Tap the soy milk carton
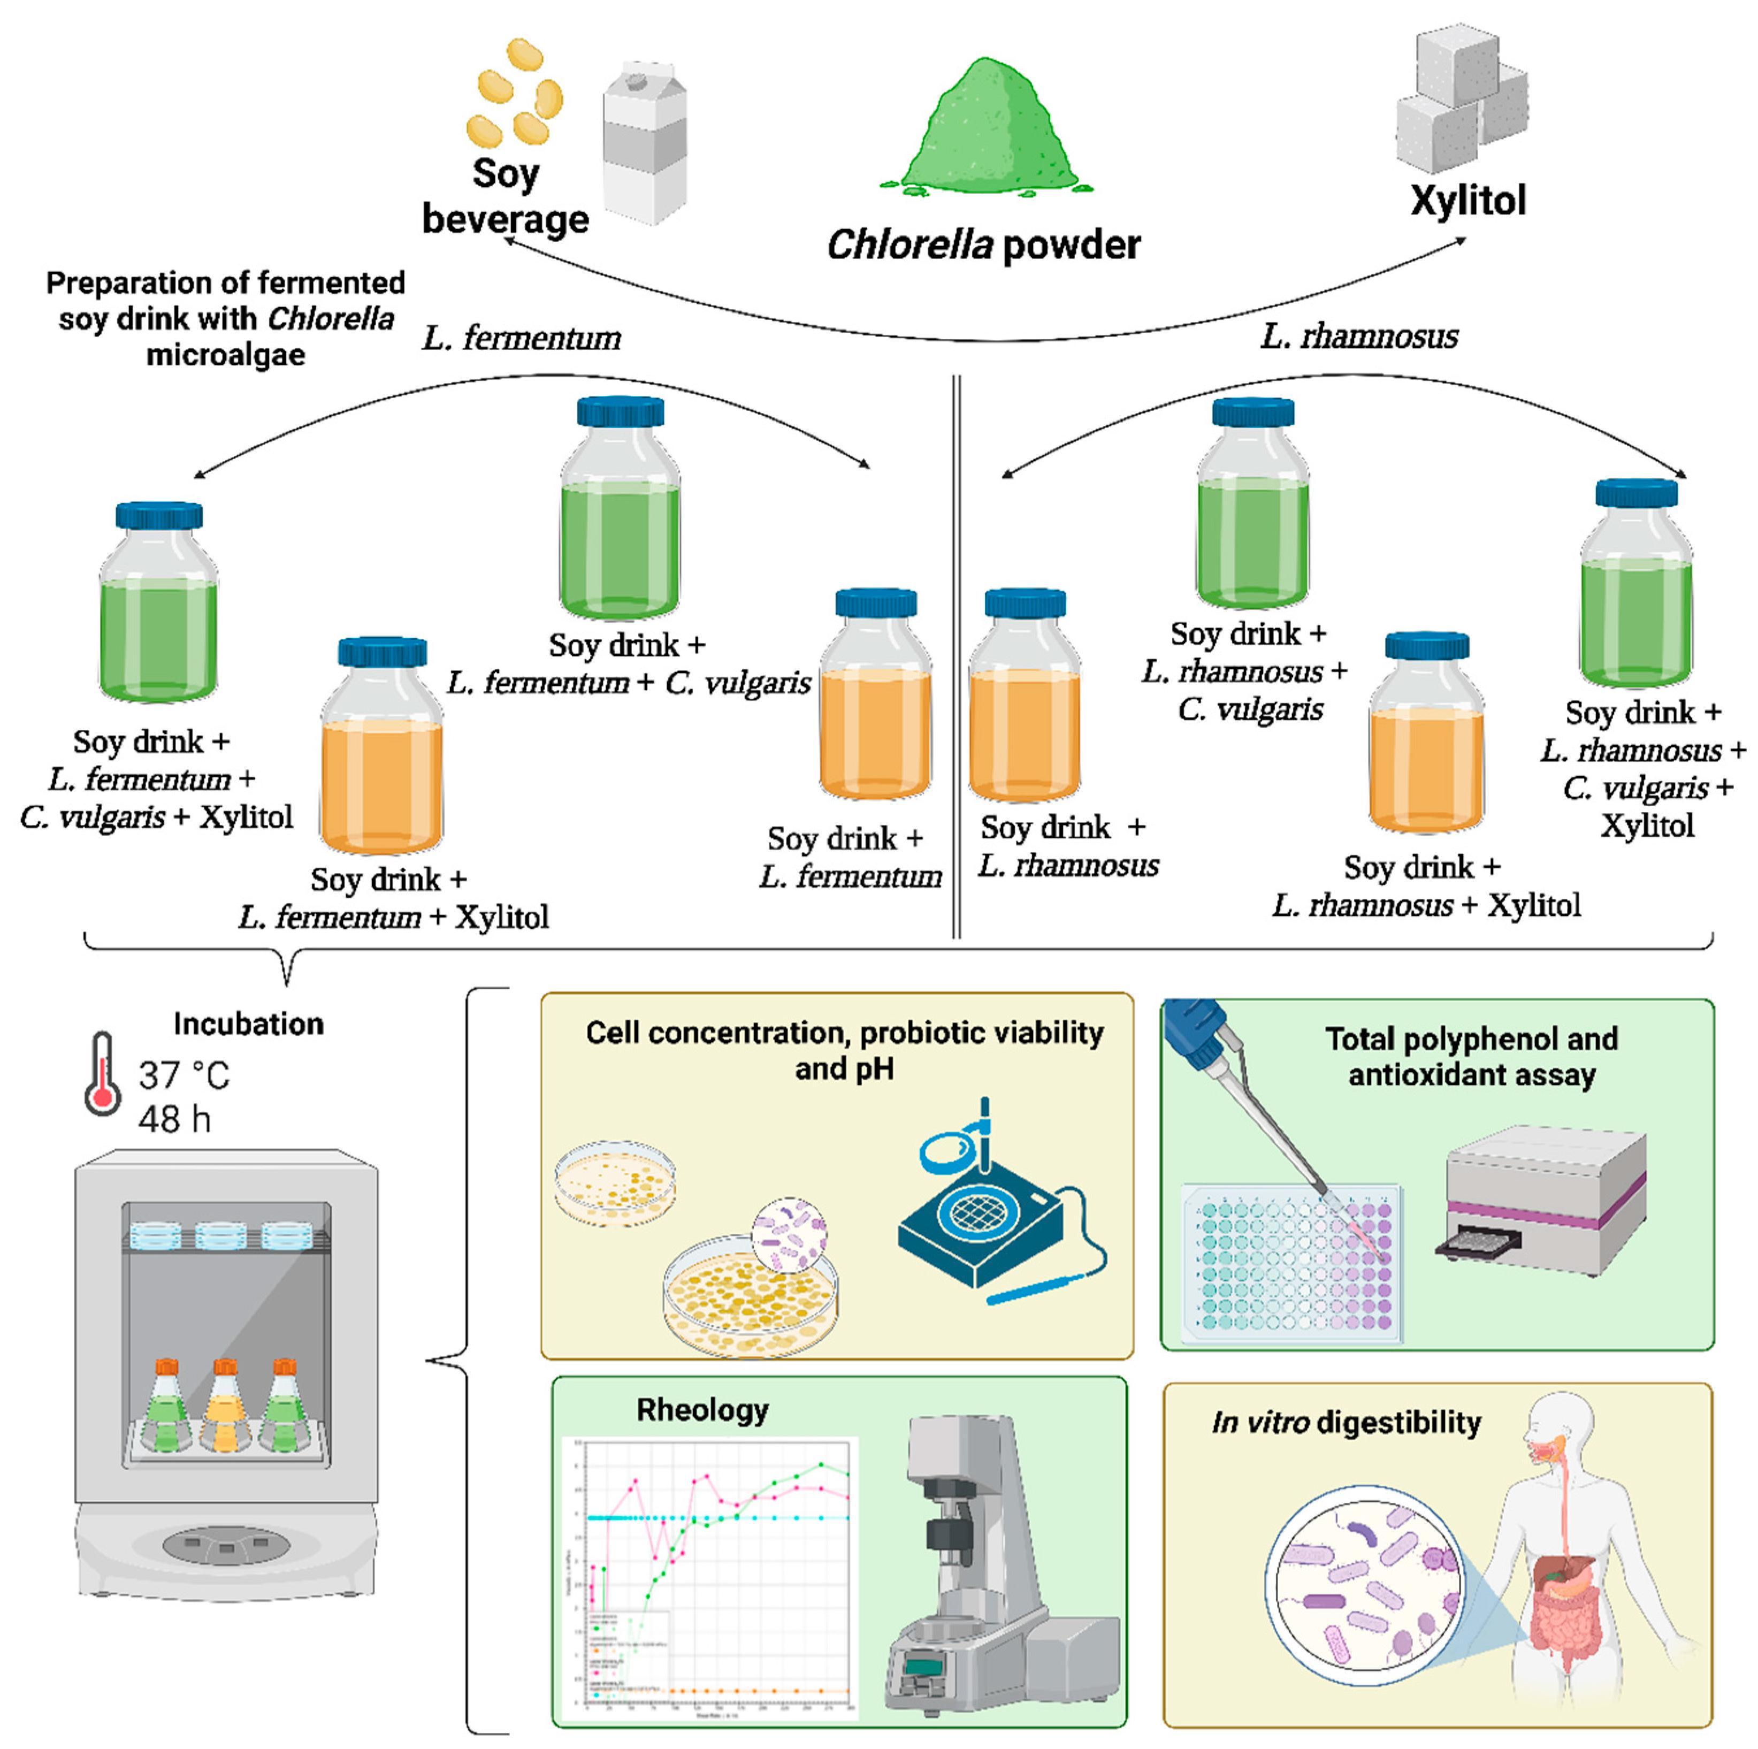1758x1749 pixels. click(x=644, y=146)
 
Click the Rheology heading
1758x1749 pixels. click(x=701, y=1410)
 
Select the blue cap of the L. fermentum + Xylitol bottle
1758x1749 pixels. click(x=382, y=652)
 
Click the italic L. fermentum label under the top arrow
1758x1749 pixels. click(x=522, y=339)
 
